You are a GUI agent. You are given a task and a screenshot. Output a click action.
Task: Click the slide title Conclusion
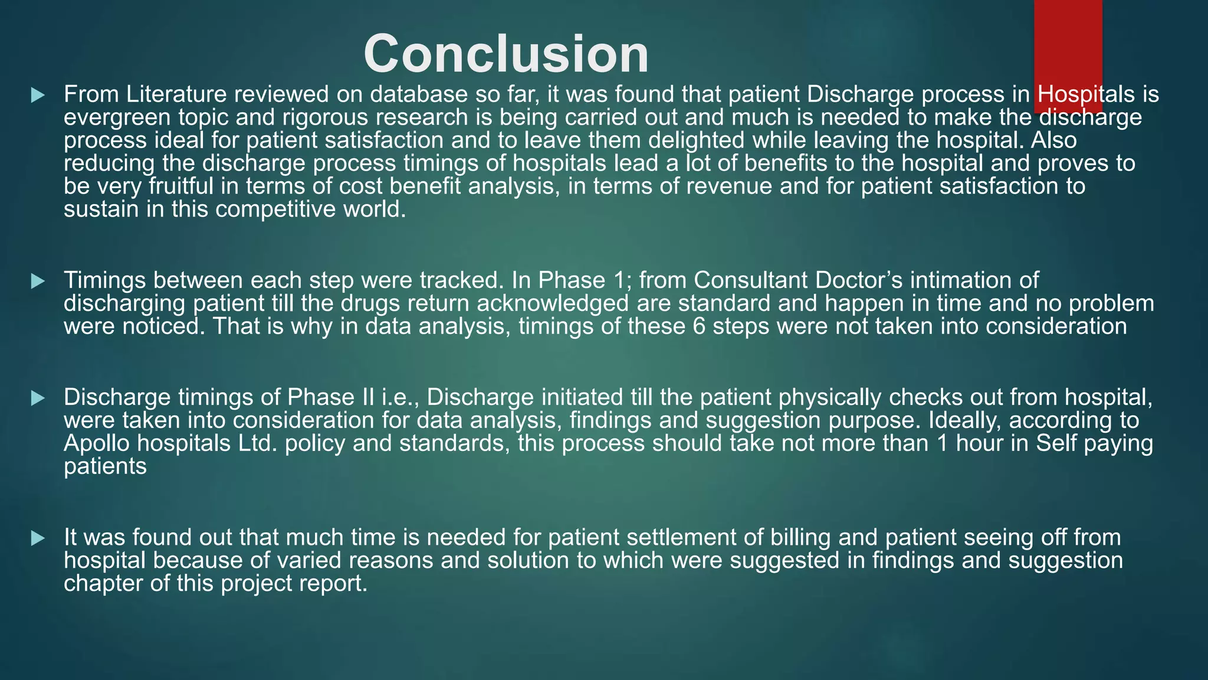coord(506,54)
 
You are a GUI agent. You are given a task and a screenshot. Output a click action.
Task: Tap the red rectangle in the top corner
coord(1068,47)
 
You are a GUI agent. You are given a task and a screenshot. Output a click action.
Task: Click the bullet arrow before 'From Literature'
coord(38,95)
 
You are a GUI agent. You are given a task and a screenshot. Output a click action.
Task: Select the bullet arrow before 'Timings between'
coord(38,281)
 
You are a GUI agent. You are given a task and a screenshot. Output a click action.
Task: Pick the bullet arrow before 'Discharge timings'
coord(38,398)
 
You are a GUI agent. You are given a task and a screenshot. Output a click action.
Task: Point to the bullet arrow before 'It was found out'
coord(38,538)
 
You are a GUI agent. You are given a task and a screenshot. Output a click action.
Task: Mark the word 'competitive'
coord(276,210)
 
